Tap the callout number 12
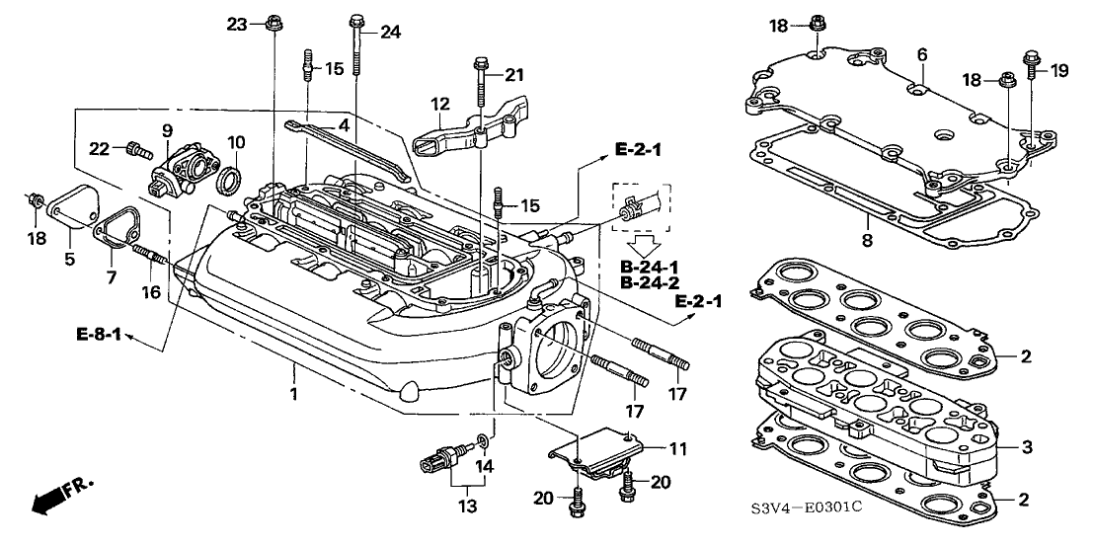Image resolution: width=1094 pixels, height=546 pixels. point(438,104)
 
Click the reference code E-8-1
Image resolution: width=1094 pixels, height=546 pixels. point(97,335)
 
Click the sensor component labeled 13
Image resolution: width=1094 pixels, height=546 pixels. point(438,460)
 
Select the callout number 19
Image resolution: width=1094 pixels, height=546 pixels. point(1059,70)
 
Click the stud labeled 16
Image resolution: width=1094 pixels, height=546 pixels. point(154,263)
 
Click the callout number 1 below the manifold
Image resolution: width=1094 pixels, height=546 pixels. point(293,368)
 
